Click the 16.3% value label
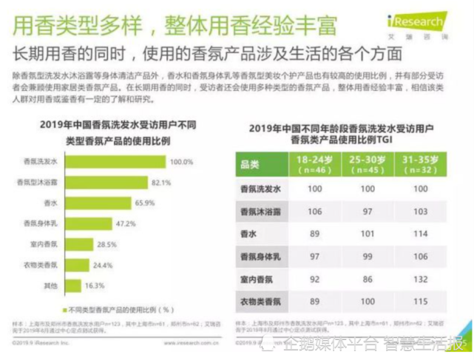click(x=96, y=285)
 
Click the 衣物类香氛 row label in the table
click(x=260, y=302)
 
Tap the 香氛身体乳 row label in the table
click(x=260, y=257)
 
